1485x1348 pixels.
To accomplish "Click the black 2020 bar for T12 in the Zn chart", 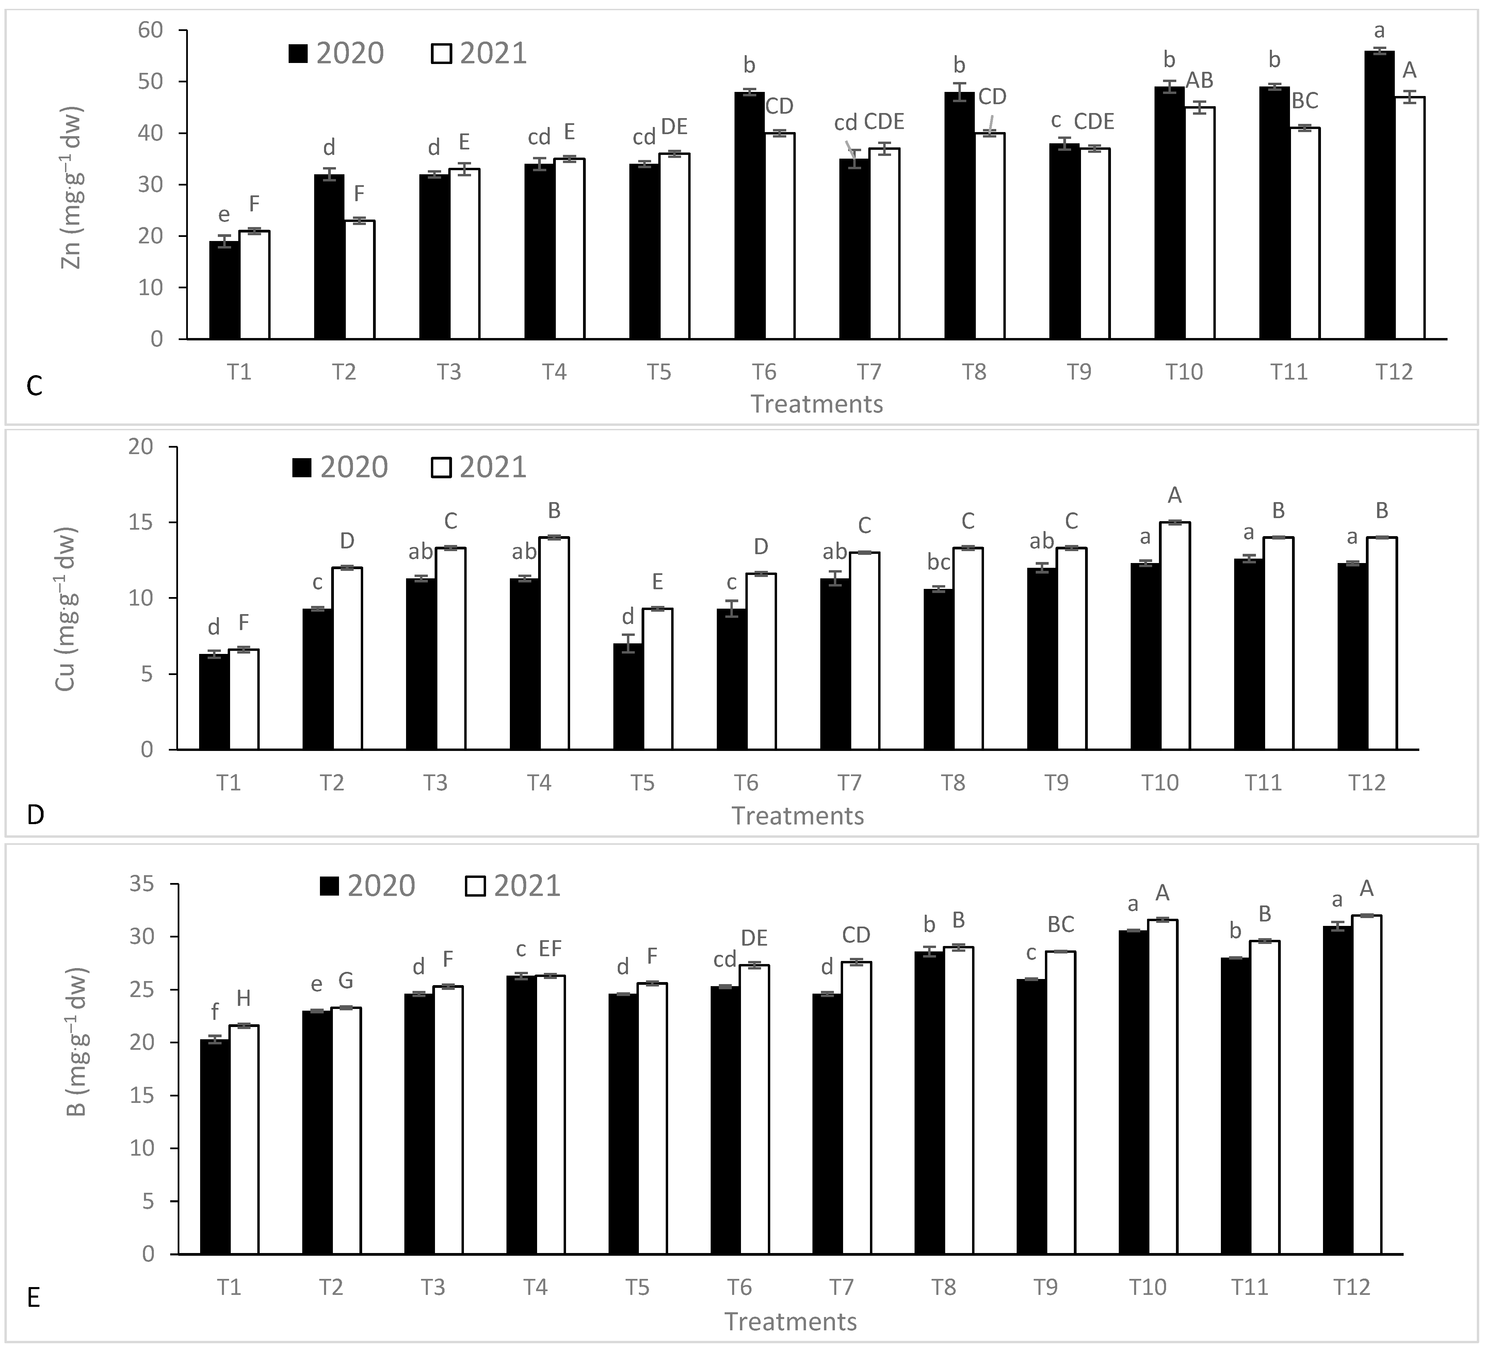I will point(1379,195).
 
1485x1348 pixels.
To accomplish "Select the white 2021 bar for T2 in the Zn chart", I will point(359,280).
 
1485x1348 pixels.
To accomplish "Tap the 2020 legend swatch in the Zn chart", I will point(298,54).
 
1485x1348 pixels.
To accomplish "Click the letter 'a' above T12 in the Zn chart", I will point(1380,31).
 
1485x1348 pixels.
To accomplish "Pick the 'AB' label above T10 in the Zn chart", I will point(1199,80).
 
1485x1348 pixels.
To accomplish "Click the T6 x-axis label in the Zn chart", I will point(764,372).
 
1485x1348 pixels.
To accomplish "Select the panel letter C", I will point(34,386).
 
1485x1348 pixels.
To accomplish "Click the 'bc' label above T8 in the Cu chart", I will point(938,563).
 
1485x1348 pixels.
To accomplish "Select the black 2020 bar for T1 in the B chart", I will point(214,1147).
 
